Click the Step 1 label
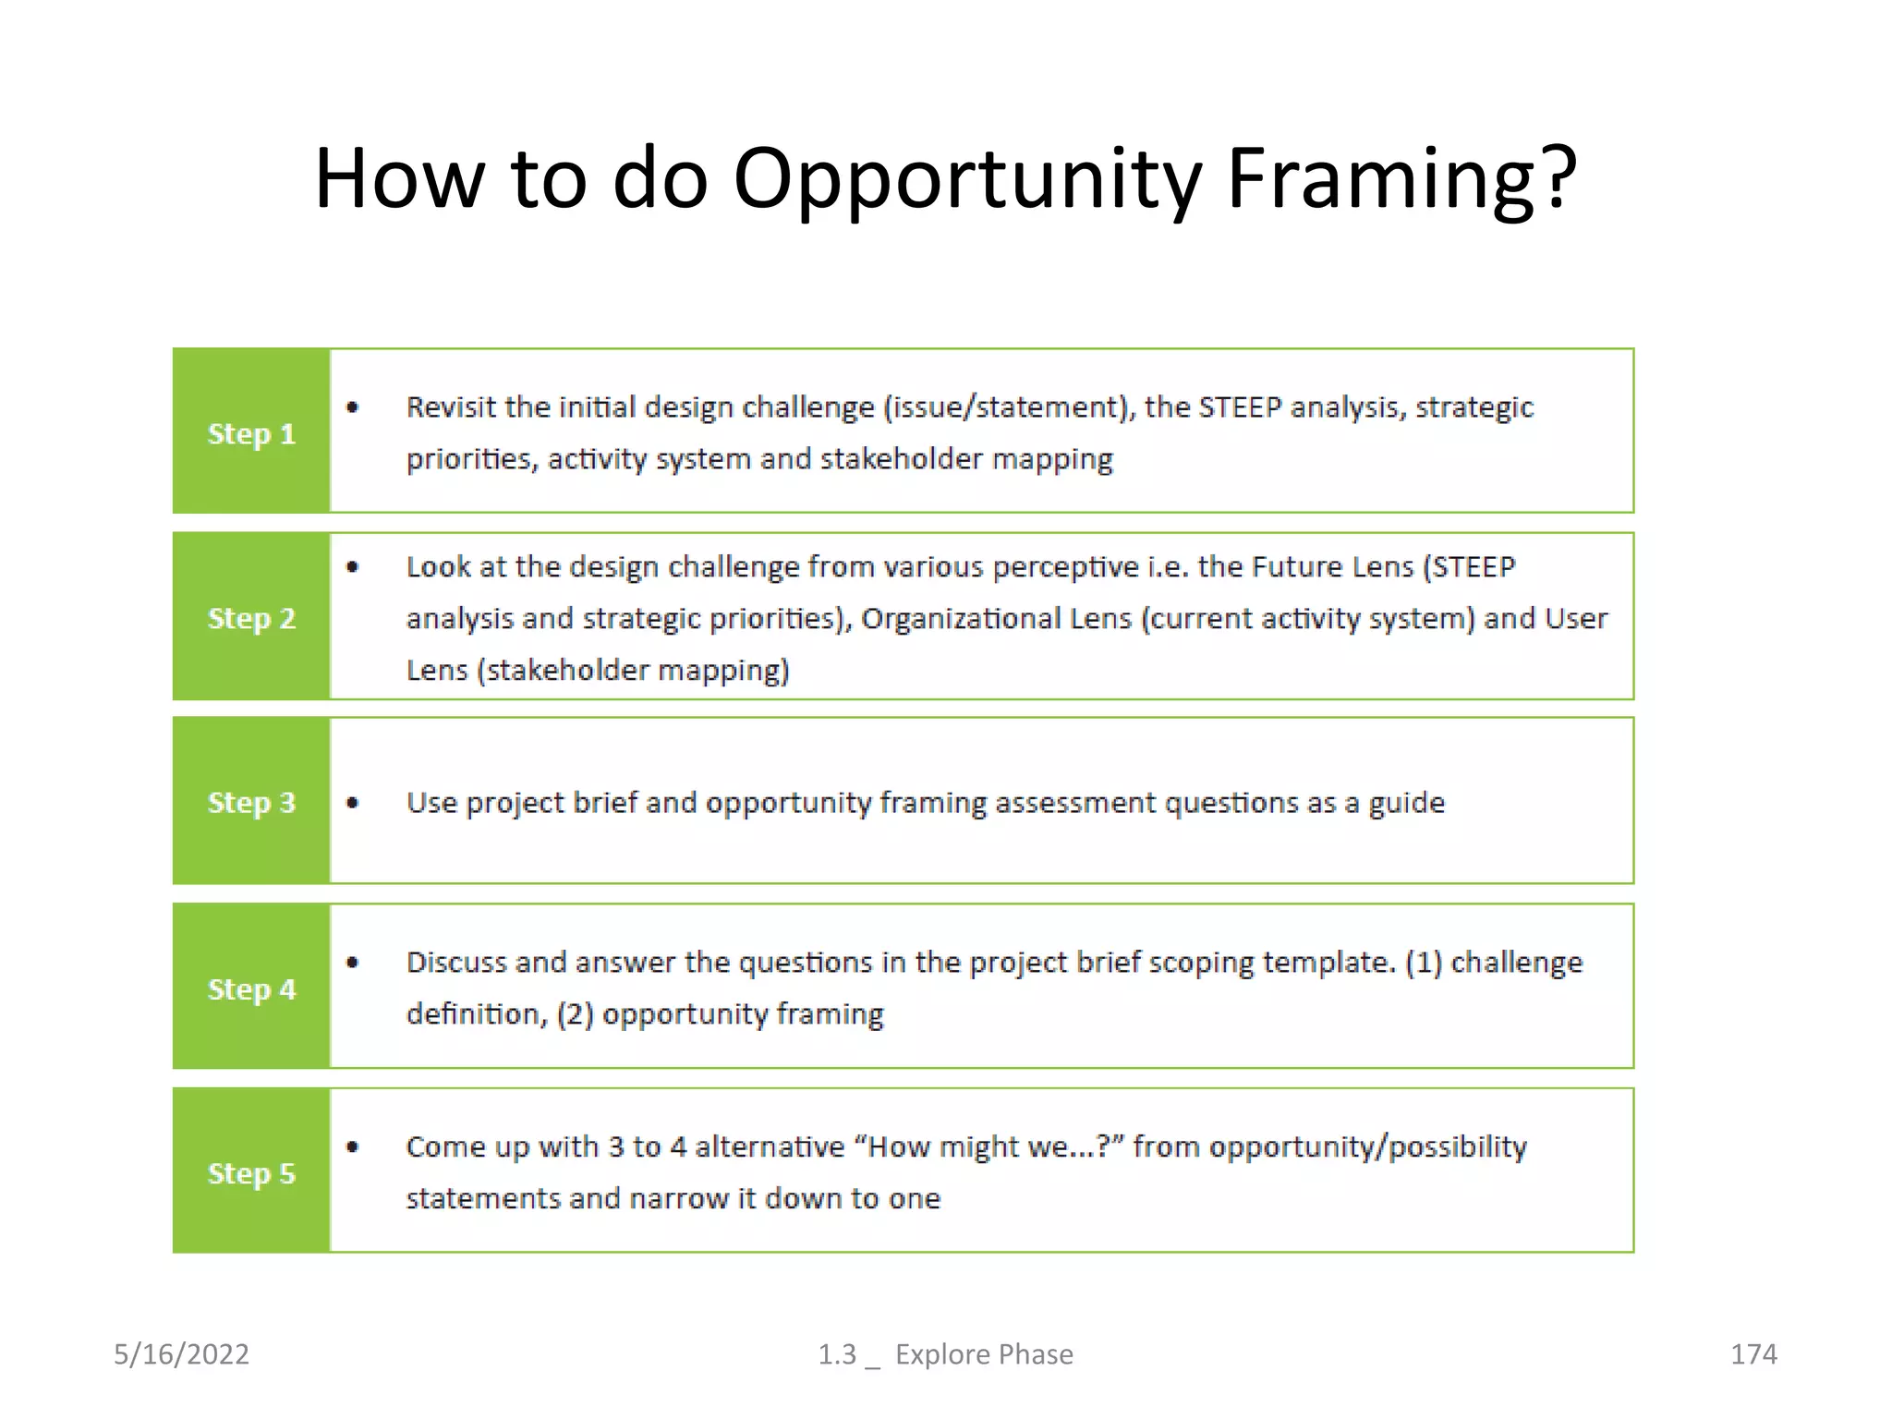pos(251,433)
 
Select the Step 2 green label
pos(251,617)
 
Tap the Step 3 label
pos(251,802)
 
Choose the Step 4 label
pos(251,988)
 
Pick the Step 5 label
pos(251,1172)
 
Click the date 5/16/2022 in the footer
pos(181,1353)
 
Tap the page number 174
pos(1753,1353)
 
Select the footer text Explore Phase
pos(984,1353)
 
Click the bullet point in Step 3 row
pos(352,803)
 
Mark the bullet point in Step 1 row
pos(352,406)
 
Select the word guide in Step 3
pos(1406,803)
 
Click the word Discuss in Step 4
pos(456,962)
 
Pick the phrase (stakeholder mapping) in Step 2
pos(634,670)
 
